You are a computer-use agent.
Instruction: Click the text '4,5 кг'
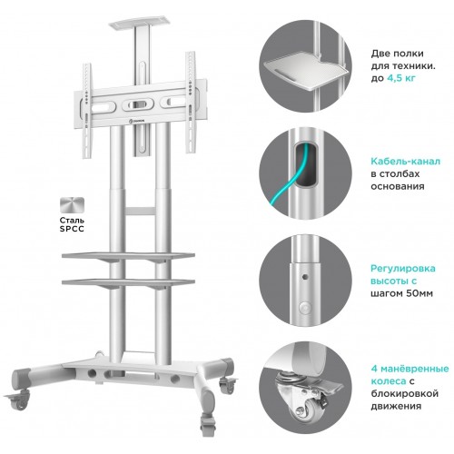(x=401, y=78)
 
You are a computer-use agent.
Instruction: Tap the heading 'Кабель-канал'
(x=406, y=162)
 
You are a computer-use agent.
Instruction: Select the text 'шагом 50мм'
(x=401, y=293)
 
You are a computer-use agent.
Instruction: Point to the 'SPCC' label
(x=72, y=229)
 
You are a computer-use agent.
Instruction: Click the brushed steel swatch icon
(x=72, y=205)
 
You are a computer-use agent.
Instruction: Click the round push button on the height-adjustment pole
(x=305, y=308)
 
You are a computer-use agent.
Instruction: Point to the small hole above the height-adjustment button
(x=305, y=277)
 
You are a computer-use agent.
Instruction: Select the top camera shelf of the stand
(x=140, y=25)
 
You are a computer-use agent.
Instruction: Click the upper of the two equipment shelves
(x=128, y=256)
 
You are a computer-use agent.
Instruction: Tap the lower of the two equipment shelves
(x=128, y=282)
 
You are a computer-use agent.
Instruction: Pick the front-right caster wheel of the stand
(x=208, y=424)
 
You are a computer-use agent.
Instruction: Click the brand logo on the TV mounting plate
(x=137, y=121)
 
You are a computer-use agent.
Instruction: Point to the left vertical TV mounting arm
(x=87, y=111)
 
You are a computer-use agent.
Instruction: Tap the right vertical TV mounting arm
(x=191, y=102)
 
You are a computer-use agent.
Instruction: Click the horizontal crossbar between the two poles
(x=140, y=211)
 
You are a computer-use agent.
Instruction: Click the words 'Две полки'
(x=398, y=54)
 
